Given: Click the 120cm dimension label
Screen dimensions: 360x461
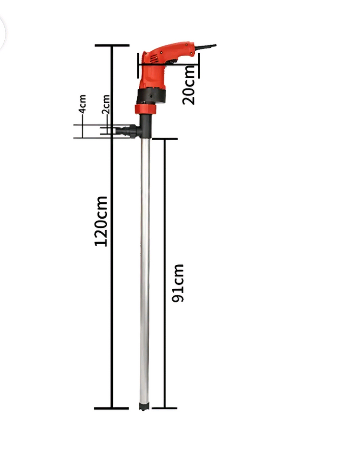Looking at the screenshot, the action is (101, 221).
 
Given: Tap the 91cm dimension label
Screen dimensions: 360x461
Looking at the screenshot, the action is (178, 283).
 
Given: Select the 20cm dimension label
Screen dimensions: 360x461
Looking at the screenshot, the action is (189, 85).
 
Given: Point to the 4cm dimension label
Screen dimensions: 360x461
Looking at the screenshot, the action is (83, 104).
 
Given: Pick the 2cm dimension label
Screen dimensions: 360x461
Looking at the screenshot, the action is (106, 104).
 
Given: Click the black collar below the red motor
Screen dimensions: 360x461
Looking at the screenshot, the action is (151, 96).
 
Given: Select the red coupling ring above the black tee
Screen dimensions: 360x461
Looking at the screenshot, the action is (146, 109).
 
